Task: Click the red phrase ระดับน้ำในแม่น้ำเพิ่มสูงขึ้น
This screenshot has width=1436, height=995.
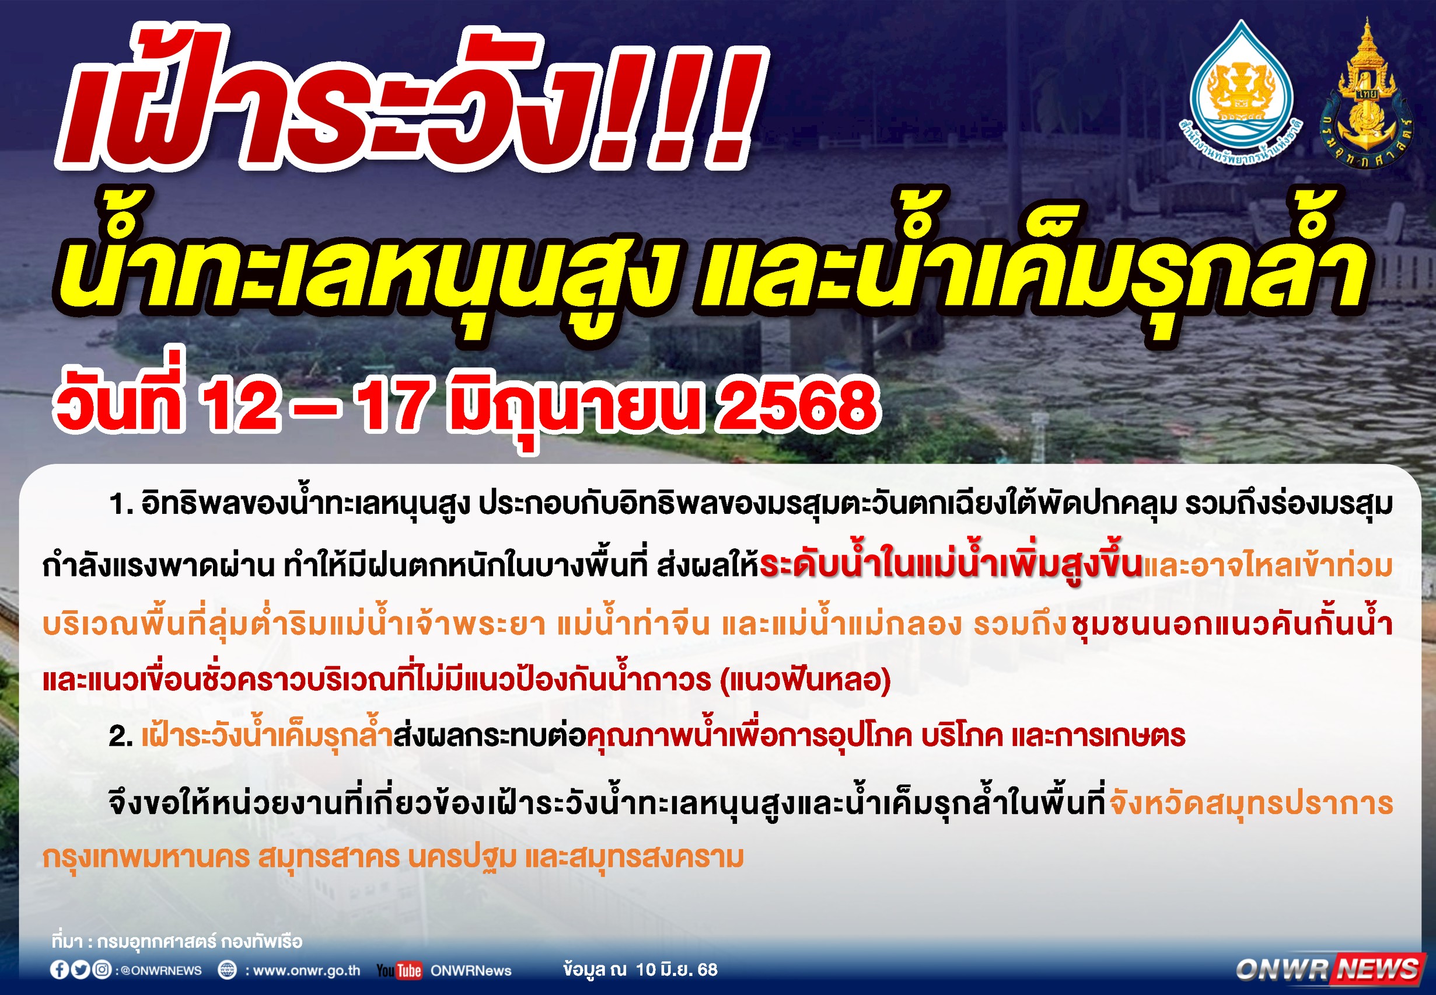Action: coord(951,564)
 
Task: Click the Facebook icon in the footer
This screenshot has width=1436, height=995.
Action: coord(60,969)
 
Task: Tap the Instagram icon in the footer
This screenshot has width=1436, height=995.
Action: coord(102,969)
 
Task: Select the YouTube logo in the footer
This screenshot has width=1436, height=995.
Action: coord(399,970)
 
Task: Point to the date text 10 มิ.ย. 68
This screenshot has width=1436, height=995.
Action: coord(676,969)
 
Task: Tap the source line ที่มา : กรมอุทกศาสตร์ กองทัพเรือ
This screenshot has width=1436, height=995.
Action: coord(177,941)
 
